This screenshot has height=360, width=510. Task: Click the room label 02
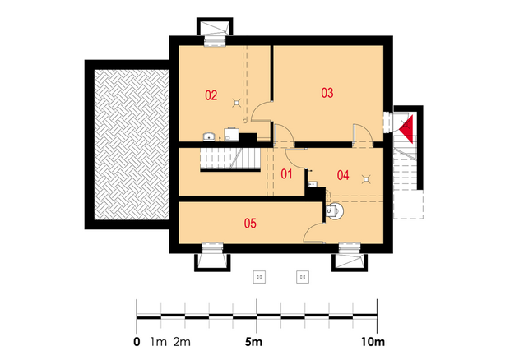(211, 95)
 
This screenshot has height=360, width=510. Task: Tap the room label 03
(327, 93)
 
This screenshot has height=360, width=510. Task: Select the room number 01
(286, 174)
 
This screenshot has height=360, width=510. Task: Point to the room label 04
(343, 175)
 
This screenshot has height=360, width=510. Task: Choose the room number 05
(250, 224)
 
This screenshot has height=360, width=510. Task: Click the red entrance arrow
(406, 129)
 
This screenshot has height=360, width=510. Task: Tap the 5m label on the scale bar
(253, 342)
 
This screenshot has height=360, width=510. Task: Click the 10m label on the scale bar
(373, 342)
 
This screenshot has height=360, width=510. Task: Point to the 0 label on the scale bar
(137, 342)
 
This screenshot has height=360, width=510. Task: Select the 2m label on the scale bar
(182, 342)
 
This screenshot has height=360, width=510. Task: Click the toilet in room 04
(334, 211)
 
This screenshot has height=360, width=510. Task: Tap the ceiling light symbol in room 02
(236, 103)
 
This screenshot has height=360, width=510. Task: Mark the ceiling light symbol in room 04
(367, 178)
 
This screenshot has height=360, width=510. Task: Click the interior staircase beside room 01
(230, 159)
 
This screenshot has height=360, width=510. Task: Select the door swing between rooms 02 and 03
(260, 111)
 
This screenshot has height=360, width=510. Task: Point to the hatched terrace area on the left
(132, 145)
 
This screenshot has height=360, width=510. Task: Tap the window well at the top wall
(215, 28)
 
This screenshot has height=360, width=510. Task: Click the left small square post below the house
(259, 277)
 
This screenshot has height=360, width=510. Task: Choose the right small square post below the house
(303, 277)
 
